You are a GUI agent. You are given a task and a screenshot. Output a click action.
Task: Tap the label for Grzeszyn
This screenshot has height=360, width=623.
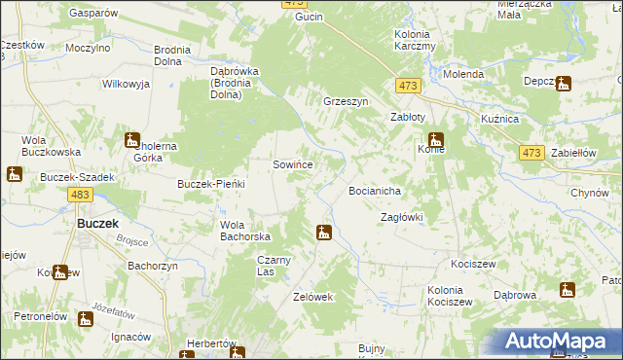[x=346, y=100]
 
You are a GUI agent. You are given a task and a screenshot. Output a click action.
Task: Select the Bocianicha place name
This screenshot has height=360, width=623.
[x=375, y=191]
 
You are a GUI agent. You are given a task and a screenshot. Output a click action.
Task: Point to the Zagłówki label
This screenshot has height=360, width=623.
[x=401, y=217]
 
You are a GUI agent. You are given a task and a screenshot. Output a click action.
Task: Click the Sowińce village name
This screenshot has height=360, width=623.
[x=292, y=165]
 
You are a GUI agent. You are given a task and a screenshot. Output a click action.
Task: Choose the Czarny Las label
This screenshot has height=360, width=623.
[x=274, y=266]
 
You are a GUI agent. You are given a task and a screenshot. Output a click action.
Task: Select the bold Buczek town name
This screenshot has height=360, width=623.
[x=97, y=223]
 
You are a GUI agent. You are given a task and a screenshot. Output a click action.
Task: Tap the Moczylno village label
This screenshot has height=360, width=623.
[x=89, y=47]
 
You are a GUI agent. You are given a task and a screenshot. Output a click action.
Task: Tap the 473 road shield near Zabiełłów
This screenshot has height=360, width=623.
[x=531, y=153]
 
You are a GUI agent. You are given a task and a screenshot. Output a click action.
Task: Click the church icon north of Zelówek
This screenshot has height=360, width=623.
[x=323, y=233]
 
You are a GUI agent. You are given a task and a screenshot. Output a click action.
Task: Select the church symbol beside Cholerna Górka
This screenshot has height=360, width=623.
[x=132, y=141]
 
